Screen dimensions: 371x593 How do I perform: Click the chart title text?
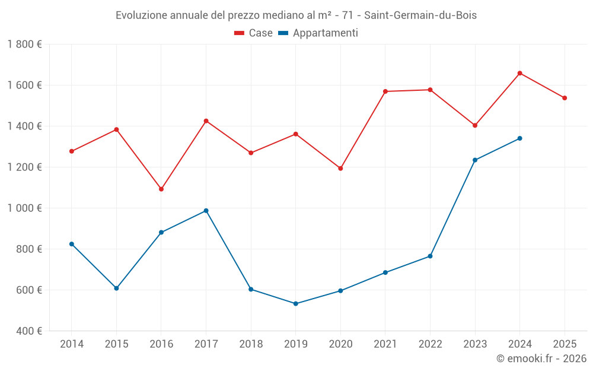296,15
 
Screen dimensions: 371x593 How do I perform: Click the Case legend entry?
254,33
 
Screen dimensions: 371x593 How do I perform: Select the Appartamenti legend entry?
318,33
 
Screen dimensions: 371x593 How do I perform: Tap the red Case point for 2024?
520,73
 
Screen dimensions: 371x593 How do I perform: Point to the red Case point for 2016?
161,189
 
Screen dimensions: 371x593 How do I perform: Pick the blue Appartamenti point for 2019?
296,304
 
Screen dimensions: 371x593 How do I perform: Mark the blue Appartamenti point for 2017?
206,211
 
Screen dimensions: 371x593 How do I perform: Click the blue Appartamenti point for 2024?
520,138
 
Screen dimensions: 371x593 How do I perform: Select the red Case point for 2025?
565,98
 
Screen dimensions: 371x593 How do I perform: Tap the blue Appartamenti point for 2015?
117,288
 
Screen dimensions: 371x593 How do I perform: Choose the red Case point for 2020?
340,169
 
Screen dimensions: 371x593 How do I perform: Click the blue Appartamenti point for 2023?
475,160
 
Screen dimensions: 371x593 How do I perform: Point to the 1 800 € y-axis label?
24,45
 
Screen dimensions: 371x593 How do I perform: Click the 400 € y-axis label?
28,331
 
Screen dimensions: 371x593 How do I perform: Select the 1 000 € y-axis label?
24,208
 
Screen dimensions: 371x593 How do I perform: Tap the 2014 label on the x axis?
72,344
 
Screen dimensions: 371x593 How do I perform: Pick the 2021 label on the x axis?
385,344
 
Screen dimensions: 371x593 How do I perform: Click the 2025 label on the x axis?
565,344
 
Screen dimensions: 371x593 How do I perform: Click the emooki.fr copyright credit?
541,359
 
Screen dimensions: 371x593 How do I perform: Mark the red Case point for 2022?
430,90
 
